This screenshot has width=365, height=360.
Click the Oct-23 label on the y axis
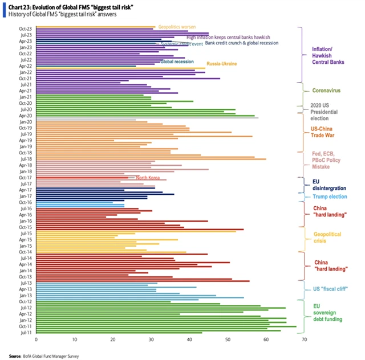[26, 27]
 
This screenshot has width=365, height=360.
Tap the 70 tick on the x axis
[304, 341]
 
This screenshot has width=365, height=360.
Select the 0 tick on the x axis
[36, 341]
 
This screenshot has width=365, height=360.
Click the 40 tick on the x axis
[189, 341]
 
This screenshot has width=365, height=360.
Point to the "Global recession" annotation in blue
[177, 62]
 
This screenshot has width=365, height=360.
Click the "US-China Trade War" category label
[326, 132]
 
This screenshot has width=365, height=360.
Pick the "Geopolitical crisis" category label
[326, 238]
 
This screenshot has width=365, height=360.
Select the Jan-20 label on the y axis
[26, 122]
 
